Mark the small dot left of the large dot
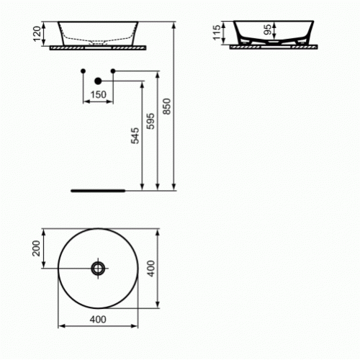[x=84, y=71]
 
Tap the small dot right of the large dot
[x=113, y=71]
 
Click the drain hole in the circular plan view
[x=98, y=269]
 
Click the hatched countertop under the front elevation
[x=99, y=48]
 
